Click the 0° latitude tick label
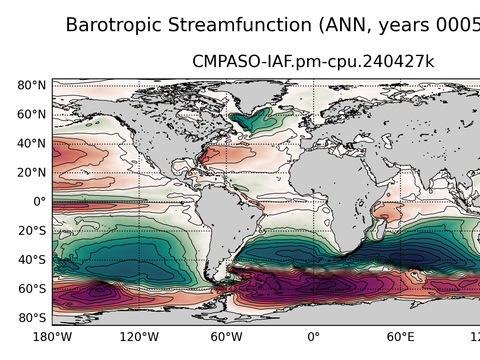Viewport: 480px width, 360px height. tap(39, 202)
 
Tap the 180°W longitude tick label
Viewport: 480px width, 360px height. tap(52, 337)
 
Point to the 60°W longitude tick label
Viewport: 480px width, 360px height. tap(226, 337)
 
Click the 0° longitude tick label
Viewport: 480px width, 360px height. tap(313, 337)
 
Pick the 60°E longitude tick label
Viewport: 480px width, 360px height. tap(400, 337)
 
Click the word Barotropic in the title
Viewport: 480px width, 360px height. tap(118, 25)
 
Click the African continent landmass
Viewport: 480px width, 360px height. tap(340, 190)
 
